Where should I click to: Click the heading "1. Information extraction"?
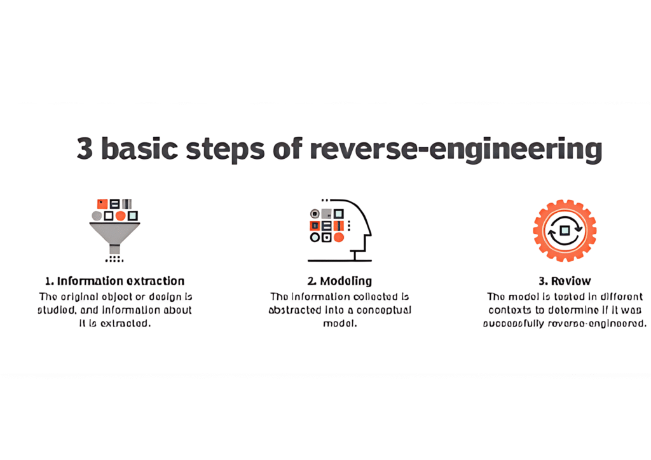[x=114, y=281]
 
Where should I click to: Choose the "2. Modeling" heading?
[x=339, y=281]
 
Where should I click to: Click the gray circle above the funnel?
[x=97, y=216]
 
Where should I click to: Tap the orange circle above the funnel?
[x=120, y=216]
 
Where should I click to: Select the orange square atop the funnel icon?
[x=102, y=204]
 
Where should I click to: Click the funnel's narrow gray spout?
[x=114, y=249]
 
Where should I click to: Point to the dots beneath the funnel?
[x=114, y=259]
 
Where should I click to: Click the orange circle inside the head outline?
[x=339, y=238]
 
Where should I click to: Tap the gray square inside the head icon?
[x=326, y=213]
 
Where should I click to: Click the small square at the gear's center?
[x=564, y=231]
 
